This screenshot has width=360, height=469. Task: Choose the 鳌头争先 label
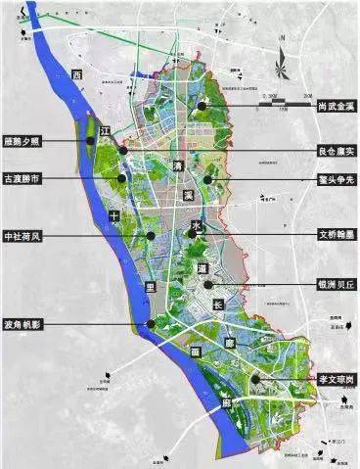330,178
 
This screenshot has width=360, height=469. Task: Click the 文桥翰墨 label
329,235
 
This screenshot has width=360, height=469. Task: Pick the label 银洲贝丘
329,285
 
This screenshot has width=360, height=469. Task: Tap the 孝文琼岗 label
330,378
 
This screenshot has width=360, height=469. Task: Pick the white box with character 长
218,305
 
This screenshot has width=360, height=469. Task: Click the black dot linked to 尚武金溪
202,106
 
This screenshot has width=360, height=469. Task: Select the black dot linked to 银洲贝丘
205,285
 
